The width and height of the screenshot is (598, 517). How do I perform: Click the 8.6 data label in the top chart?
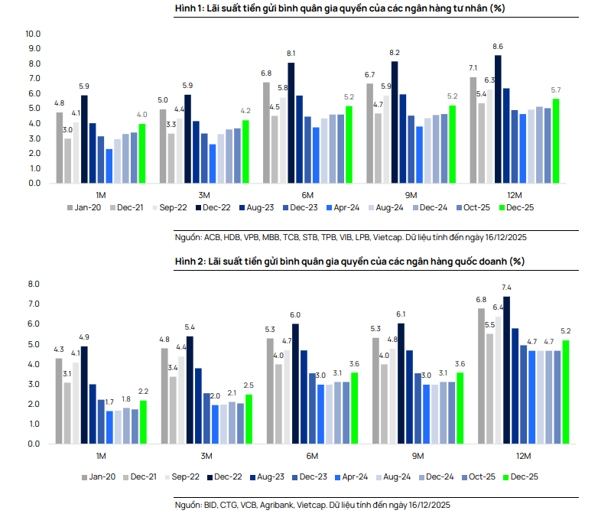(x=498, y=47)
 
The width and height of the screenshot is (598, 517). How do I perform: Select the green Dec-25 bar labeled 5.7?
(x=555, y=141)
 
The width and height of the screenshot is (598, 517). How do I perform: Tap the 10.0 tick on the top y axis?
(x=33, y=34)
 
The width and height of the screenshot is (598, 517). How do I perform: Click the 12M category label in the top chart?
(x=514, y=194)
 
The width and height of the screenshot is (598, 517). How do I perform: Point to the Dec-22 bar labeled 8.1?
(x=291, y=122)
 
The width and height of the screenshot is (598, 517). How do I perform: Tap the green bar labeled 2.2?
(x=143, y=422)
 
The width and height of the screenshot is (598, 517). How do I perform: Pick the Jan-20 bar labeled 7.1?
(x=473, y=130)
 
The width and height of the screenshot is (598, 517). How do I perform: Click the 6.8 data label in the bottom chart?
(x=481, y=299)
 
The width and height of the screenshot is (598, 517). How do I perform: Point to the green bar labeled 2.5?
(x=248, y=419)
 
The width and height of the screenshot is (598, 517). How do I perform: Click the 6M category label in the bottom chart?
(x=311, y=457)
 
